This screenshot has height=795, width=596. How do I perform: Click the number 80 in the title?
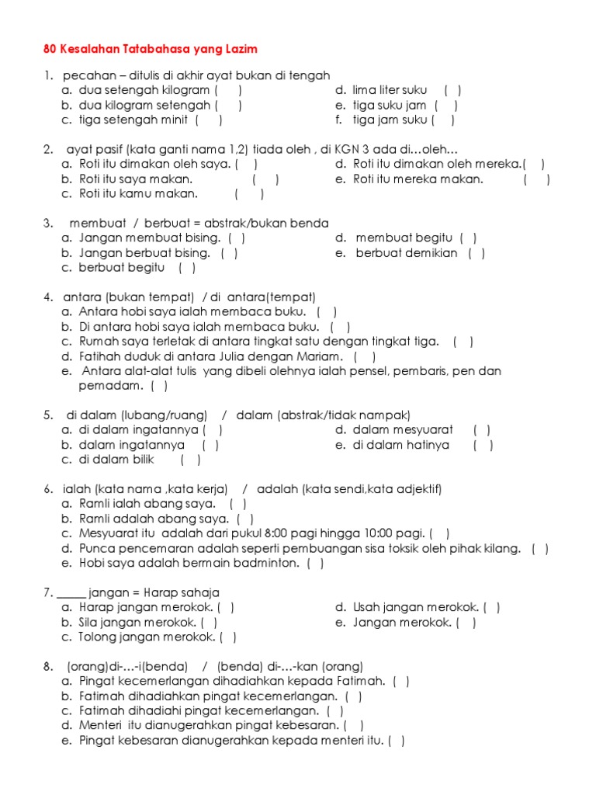coord(50,49)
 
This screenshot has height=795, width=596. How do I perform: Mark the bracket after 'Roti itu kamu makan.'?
coord(249,194)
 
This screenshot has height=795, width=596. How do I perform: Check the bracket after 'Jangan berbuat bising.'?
coord(229,253)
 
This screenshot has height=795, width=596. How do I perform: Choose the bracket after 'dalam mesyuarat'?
coord(482,430)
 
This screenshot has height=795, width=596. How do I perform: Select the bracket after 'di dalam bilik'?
coord(190,460)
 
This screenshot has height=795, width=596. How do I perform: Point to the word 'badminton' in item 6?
coord(272,563)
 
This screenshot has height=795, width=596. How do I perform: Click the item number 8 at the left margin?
coord(48,667)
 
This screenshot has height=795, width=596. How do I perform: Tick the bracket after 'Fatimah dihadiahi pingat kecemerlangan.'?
coord(335,711)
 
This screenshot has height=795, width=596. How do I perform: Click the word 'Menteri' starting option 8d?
coord(101,726)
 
